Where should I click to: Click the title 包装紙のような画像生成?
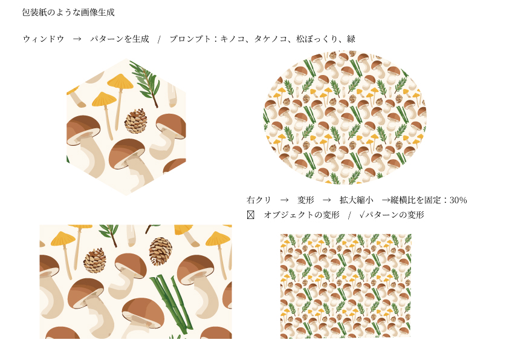point(68,12)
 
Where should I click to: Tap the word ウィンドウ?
point(44,39)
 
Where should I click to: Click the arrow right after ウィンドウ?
point(77,39)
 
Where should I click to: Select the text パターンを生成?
point(120,39)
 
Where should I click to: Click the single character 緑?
point(351,39)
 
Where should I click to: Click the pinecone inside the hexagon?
point(135,121)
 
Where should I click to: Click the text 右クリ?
point(258,200)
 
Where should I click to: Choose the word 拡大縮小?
point(357,200)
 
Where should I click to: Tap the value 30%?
point(458,200)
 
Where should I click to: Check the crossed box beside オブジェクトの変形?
point(251,215)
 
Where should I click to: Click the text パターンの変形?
point(394,215)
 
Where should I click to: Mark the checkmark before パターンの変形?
point(362,215)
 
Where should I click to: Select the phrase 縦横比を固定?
point(415,200)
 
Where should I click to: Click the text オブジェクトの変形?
point(302,215)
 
